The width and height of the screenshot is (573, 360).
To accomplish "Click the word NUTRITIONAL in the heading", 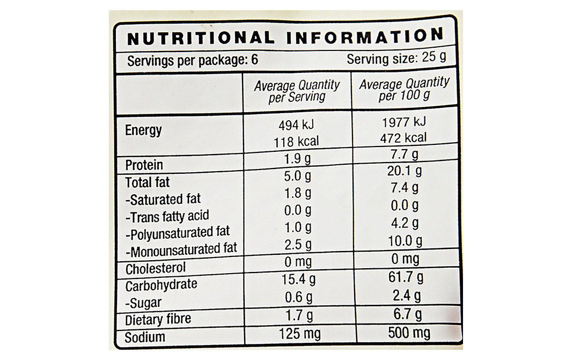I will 200,39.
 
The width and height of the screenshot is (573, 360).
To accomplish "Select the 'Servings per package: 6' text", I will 192,60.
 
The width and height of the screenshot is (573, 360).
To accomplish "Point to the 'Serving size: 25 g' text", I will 396,58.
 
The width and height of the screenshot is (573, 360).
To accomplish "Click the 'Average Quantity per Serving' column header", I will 297,91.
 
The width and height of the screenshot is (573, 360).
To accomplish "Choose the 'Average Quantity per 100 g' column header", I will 404,89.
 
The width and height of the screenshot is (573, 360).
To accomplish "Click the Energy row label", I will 143,130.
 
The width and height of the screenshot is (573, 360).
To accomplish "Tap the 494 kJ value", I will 296,126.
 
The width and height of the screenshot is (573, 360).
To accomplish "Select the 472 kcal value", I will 404,138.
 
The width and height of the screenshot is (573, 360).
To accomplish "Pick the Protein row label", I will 144,165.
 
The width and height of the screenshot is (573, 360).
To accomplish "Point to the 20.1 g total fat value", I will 404,171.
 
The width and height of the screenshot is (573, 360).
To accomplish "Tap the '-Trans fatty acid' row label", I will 167,217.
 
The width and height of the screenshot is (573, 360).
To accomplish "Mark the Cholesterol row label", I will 156,268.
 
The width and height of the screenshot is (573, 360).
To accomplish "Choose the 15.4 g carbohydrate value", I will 298,280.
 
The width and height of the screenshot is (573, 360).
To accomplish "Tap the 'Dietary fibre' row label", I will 158,320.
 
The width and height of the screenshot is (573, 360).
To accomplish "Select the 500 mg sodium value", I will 409,333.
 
